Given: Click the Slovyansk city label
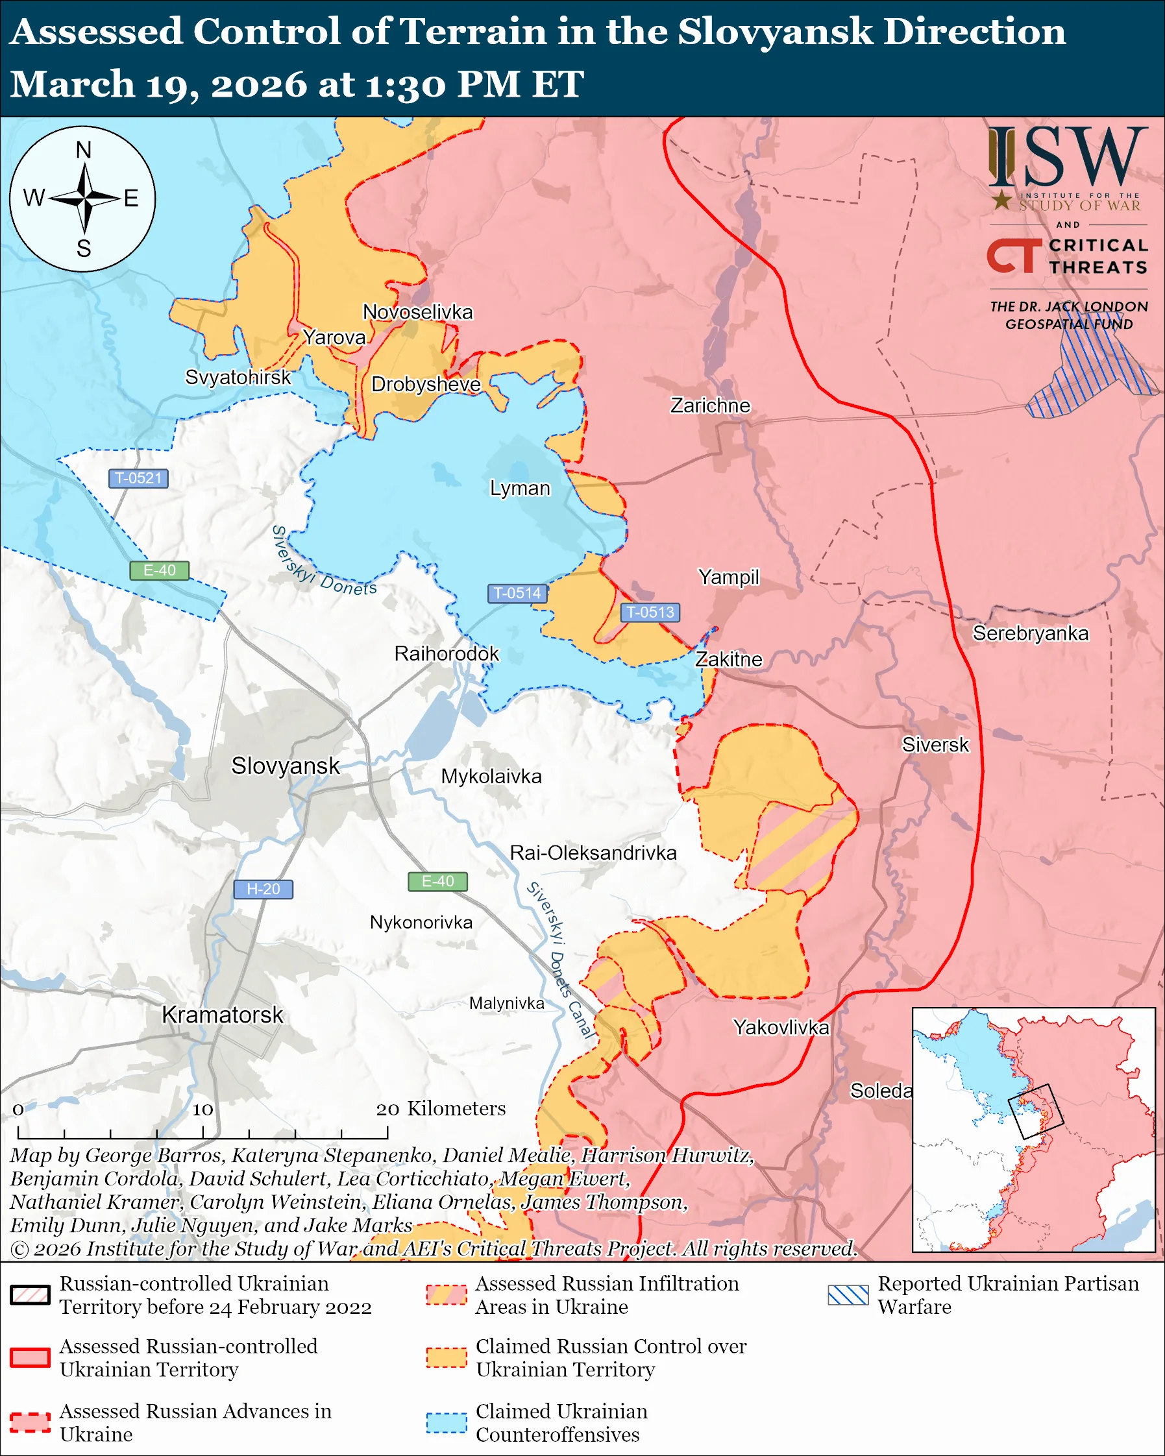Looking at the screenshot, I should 285,766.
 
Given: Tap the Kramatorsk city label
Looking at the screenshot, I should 222,1015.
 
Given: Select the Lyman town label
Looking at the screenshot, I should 519,489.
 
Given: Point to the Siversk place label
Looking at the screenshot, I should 935,745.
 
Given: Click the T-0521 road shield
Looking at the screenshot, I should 138,478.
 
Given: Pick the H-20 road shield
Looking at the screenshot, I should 263,889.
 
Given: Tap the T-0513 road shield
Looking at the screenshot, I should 650,612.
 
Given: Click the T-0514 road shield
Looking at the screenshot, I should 517,593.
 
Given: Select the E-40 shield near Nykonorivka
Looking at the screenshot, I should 437,881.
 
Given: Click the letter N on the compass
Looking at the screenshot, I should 83,150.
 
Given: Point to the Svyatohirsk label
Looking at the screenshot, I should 238,377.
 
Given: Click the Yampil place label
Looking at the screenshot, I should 728,577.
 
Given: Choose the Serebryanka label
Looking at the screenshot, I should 1030,633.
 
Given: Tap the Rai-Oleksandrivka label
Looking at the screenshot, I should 593,853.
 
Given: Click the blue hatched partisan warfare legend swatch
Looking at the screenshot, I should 848,1294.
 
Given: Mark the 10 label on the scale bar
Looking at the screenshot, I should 202,1110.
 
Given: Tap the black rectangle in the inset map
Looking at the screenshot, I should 1035,1111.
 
